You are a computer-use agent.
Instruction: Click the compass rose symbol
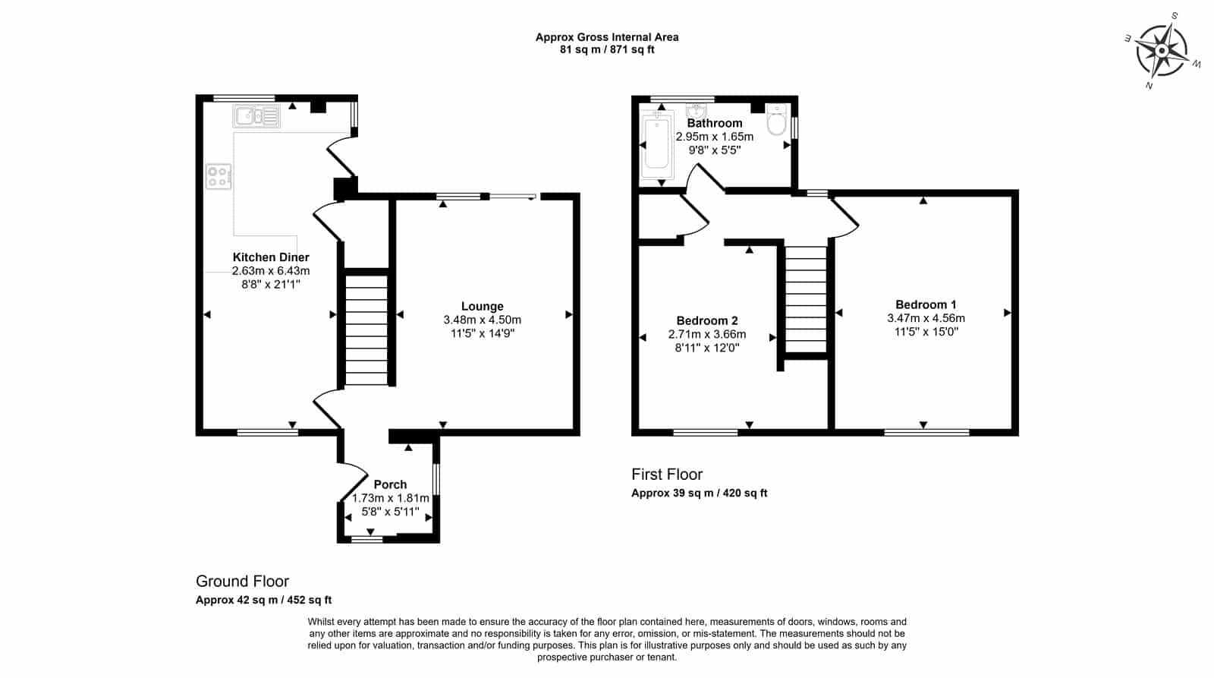coord(1162,50)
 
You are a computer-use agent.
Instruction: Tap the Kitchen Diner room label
coord(271,257)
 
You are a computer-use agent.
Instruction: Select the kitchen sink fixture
coord(256,116)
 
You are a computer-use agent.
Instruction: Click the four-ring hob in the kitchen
coord(218,176)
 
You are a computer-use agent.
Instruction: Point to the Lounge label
coord(483,307)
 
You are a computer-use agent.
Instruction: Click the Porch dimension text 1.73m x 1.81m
coord(390,498)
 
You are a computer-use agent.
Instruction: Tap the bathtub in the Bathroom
coord(657,144)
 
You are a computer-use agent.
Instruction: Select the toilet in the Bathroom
coord(777,119)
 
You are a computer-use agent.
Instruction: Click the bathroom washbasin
coord(696,110)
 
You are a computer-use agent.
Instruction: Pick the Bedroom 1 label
coord(926,304)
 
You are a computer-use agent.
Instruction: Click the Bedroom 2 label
coord(707,320)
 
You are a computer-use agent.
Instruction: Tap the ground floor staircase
coord(366,330)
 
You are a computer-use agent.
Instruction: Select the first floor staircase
coord(806,300)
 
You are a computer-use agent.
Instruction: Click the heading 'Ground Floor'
coord(242,582)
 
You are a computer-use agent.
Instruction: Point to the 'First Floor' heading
coord(667,475)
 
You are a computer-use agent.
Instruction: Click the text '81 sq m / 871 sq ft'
coord(607,49)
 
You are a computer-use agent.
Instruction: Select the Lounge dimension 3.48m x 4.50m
coord(483,320)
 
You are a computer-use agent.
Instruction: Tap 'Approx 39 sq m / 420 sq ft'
coord(699,493)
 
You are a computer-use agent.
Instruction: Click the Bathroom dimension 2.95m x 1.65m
coord(714,137)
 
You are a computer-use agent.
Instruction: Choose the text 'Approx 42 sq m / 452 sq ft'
coord(263,600)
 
